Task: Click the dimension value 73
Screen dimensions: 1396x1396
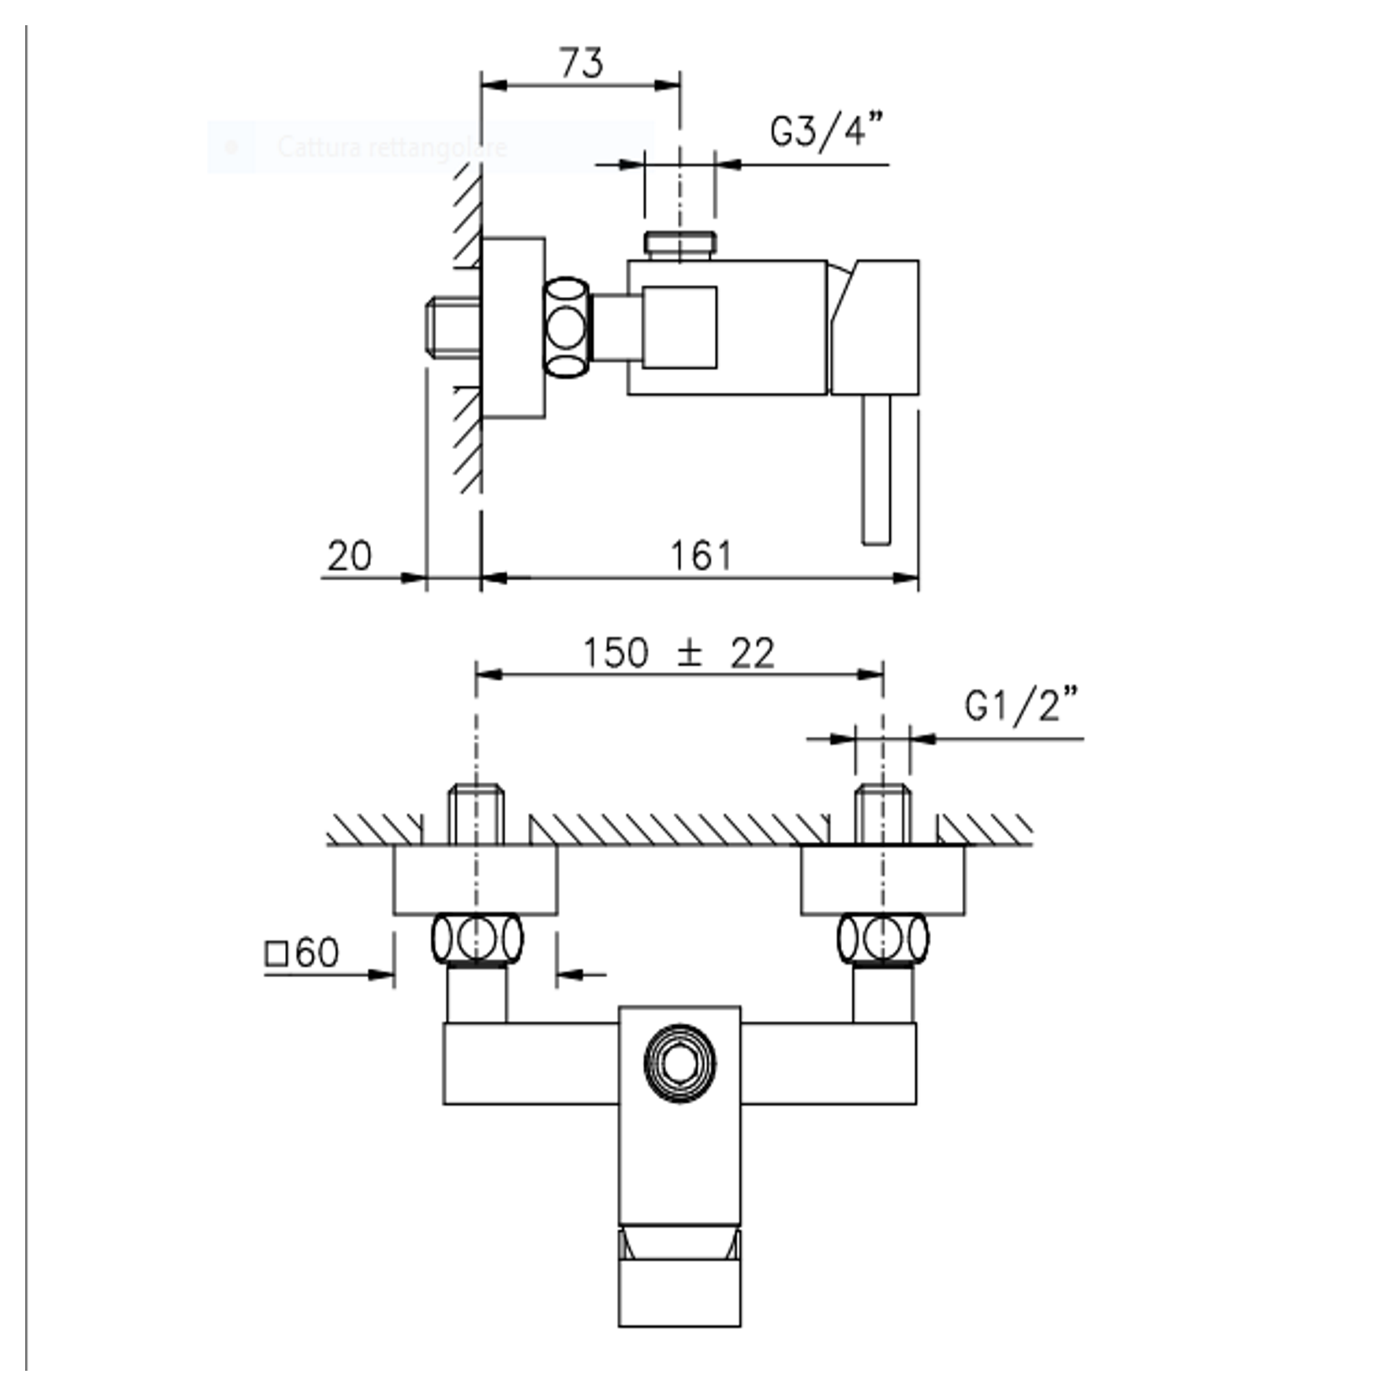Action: coord(580,64)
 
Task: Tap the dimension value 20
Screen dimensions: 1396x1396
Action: coord(349,556)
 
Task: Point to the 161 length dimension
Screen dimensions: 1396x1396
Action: coord(701,556)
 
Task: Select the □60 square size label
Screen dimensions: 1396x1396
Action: coord(302,953)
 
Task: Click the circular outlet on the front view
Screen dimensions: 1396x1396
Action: coord(679,1063)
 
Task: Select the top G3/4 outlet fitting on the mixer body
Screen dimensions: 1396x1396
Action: coord(680,245)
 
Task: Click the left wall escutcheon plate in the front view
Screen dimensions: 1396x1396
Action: coord(475,880)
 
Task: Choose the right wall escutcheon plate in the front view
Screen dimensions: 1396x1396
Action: coord(882,880)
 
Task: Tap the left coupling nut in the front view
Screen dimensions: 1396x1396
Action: coord(476,938)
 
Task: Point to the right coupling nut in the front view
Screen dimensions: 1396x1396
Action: coord(883,938)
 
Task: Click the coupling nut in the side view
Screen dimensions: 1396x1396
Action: coord(567,327)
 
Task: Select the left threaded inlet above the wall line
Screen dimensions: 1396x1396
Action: coord(475,813)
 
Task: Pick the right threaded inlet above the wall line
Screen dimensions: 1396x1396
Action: coord(882,813)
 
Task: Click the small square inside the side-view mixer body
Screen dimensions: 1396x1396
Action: coord(680,327)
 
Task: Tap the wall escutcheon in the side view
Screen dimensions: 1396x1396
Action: coord(513,327)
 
